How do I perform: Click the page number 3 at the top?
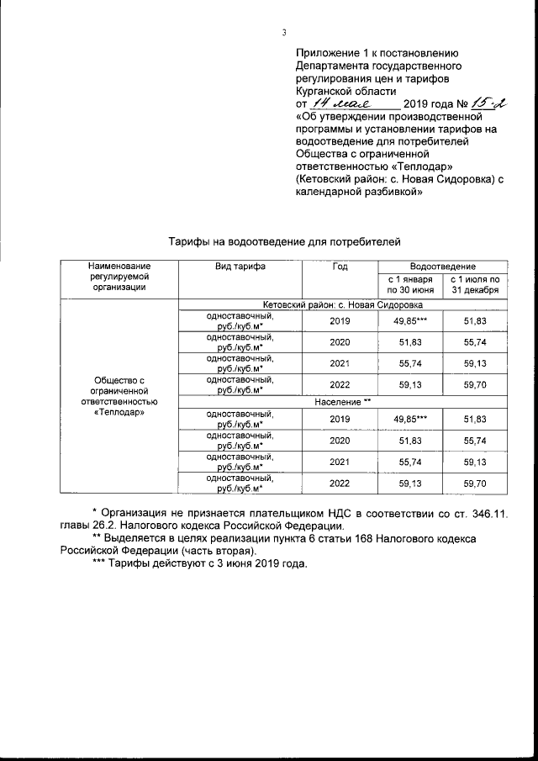pos(284,33)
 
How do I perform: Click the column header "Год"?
pos(340,267)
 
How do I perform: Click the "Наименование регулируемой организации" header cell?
pos(119,277)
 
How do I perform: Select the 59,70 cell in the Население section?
pos(475,484)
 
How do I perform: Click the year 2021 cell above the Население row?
pos(340,364)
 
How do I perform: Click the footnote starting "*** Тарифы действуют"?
pos(199,563)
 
